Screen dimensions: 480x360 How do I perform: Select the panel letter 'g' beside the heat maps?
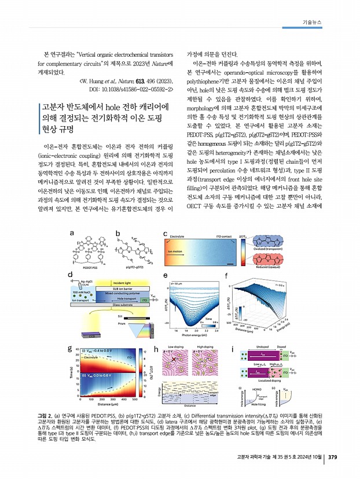pos(71,348)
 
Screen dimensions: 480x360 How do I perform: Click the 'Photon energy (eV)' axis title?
pos(197,337)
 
